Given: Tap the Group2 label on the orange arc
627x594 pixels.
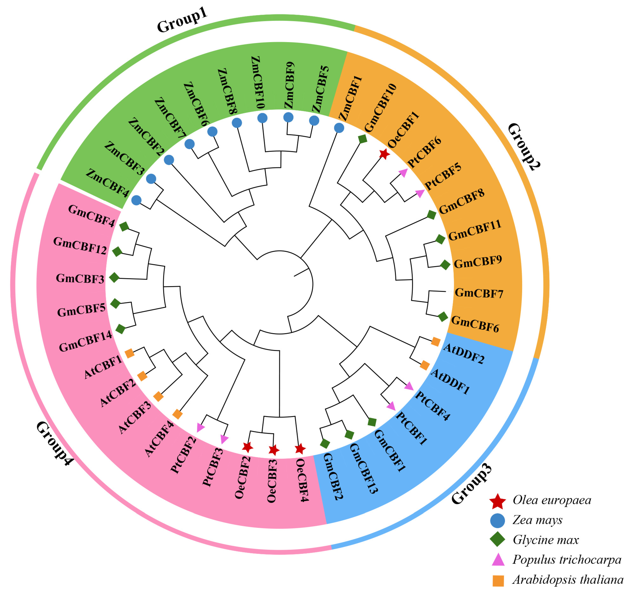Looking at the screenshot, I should [524, 147].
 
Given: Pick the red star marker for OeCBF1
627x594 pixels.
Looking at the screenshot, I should [384, 154].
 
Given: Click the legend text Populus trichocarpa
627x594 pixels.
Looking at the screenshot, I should [566, 560].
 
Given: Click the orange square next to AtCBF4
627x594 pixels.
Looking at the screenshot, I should [177, 414].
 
